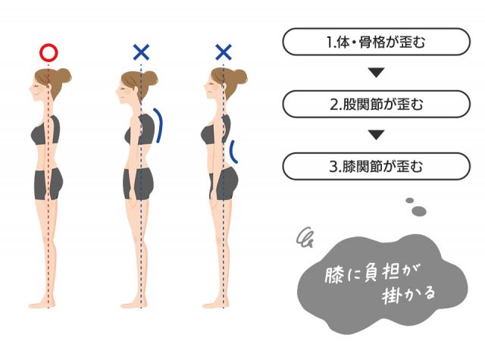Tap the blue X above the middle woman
[x=141, y=52]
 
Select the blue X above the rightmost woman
[x=224, y=52]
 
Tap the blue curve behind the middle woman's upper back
[x=159, y=125]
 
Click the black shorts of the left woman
[x=48, y=185]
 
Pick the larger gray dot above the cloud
[x=418, y=210]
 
